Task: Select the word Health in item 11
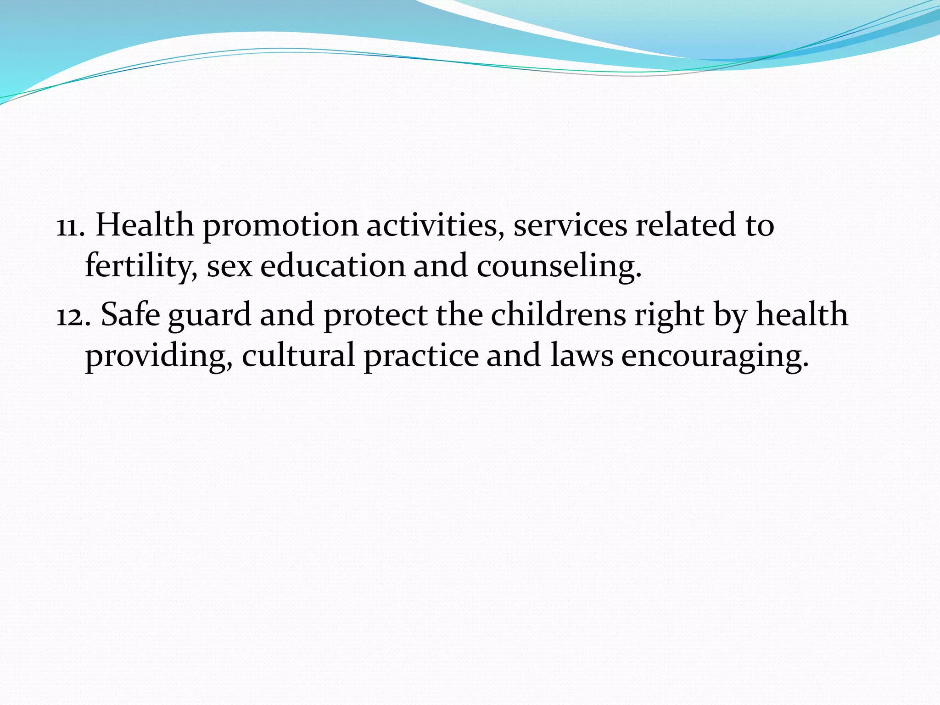(x=145, y=225)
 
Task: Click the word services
(x=570, y=226)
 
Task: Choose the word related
(x=686, y=225)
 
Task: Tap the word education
(x=333, y=266)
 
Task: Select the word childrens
(x=558, y=315)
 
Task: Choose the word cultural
(x=298, y=356)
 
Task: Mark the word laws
(x=582, y=356)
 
